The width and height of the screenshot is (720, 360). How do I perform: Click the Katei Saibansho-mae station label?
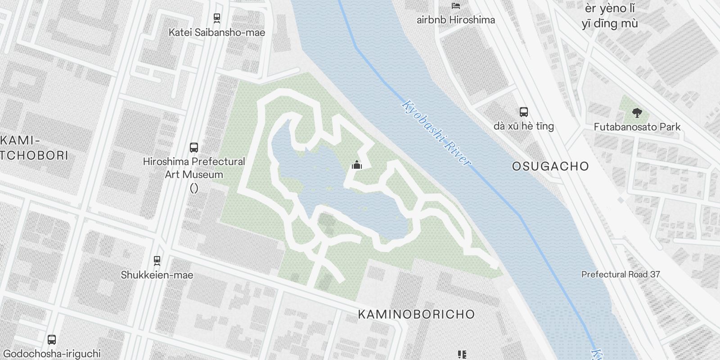point(216,32)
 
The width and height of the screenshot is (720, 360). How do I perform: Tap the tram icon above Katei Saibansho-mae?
point(216,18)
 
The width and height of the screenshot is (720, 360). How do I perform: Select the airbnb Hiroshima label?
point(455,20)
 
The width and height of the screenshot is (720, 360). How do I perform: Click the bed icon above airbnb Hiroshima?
point(456,5)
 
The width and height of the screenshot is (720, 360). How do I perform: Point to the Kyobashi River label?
point(436,133)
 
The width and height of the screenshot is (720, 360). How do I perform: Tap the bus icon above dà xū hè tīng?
point(523,112)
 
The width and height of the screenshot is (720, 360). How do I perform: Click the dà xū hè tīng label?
point(523,126)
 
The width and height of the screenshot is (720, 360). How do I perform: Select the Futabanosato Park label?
point(637,127)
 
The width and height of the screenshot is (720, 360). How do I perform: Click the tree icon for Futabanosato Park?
point(637,112)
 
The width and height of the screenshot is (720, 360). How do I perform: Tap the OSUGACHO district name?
point(550,166)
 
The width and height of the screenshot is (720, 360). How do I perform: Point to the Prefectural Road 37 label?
point(621,274)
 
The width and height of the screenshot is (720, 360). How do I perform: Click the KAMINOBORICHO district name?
point(416,314)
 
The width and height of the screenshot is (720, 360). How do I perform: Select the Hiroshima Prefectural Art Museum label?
point(194,168)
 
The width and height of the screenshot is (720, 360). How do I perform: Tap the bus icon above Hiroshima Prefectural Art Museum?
point(194,147)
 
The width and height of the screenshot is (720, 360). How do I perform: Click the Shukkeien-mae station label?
point(157,275)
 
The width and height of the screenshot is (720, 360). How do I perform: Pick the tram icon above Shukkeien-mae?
point(157,260)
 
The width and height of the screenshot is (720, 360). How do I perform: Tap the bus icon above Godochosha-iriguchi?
point(52,339)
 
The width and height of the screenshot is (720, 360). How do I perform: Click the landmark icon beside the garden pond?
point(357,165)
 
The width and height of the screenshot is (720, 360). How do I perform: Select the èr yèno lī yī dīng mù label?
point(610,16)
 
